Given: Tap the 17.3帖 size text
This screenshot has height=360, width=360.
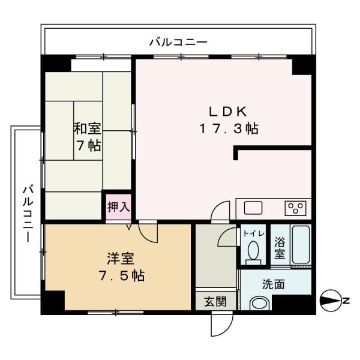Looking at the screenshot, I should tap(228, 128).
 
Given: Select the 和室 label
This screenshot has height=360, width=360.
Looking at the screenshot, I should tap(87, 128).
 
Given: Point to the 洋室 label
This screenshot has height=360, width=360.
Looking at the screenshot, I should tap(121, 259).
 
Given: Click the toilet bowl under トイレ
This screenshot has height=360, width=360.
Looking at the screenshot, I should tap(253, 251).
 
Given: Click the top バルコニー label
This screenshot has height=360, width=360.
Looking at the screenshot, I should tap(178, 42).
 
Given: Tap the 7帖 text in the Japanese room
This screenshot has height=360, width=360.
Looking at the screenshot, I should tap(88, 145).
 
